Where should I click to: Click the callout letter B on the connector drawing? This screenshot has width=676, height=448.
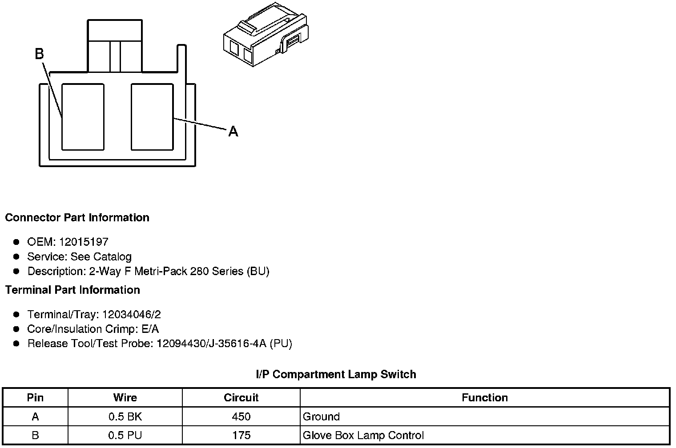tap(39, 54)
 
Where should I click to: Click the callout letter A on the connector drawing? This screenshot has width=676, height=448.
tap(233, 132)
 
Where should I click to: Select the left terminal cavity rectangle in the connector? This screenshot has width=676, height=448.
tap(83, 116)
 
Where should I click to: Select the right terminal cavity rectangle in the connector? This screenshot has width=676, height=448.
tap(152, 116)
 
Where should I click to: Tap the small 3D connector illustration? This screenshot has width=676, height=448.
tap(265, 35)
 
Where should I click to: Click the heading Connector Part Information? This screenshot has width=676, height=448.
tap(77, 218)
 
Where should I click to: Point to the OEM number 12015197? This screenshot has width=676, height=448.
tap(83, 242)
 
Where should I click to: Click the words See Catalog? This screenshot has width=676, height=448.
tap(101, 257)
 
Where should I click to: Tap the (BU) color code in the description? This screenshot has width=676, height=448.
tap(258, 271)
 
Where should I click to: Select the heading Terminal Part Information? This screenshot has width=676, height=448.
tap(72, 290)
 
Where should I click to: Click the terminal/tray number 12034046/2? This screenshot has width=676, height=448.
tap(131, 315)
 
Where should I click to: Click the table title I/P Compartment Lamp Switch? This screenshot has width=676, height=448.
tap(336, 375)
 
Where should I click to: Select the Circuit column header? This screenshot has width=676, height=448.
tap(241, 397)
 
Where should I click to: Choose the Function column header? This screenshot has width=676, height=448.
tap(484, 397)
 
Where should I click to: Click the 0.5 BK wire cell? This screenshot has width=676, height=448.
tap(125, 417)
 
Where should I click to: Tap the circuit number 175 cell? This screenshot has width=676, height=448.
tap(241, 435)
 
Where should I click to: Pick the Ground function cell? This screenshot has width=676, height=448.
tap(321, 417)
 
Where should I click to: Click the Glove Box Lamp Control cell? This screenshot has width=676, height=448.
tap(363, 435)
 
